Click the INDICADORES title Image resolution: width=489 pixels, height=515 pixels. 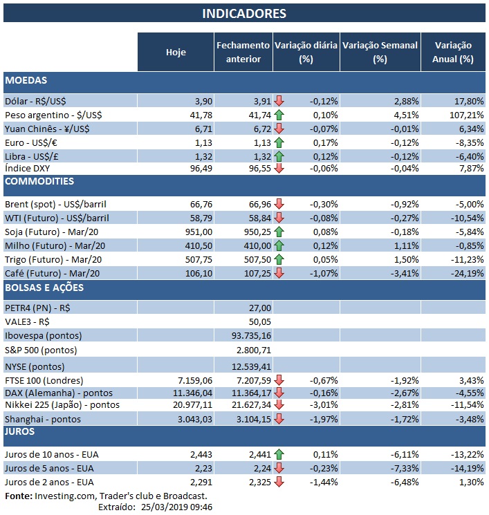[x=243, y=13]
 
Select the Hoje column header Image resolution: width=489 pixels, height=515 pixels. [x=176, y=52]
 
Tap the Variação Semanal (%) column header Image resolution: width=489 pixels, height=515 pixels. [x=380, y=52]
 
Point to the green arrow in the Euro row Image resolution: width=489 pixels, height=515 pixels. [x=279, y=142]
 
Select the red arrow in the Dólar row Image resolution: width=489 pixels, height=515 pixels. [x=279, y=101]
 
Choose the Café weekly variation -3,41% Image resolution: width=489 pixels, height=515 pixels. [x=401, y=273]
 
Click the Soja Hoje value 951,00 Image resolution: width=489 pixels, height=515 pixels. [x=194, y=232]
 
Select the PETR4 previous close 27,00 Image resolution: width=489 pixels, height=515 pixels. [x=259, y=307]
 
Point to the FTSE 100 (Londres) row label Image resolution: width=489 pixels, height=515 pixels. [x=44, y=380]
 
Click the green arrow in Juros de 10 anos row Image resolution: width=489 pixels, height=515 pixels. [x=279, y=454]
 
